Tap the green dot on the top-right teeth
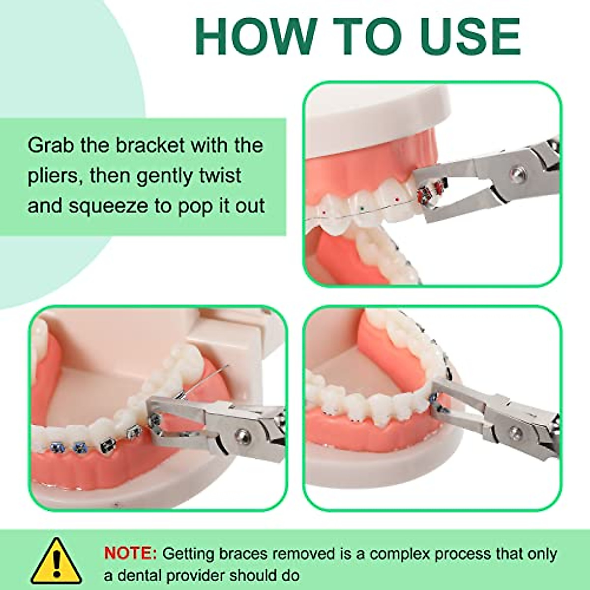click(x=362, y=208)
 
